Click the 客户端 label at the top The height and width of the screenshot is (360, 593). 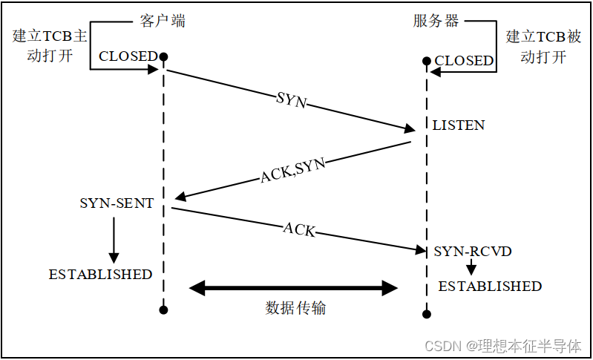[x=163, y=21]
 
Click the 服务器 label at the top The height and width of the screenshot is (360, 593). [x=436, y=21]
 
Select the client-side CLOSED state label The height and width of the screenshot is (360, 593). [x=128, y=56]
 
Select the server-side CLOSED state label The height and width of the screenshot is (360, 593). [x=464, y=61]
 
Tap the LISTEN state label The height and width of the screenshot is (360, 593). [x=459, y=125]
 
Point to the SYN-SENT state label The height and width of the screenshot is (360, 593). [x=117, y=203]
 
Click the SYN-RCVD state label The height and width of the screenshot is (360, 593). [x=473, y=252]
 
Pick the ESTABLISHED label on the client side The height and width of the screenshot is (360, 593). [x=100, y=274]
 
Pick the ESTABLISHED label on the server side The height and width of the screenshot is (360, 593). [x=490, y=286]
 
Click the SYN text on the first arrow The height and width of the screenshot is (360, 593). [x=290, y=100]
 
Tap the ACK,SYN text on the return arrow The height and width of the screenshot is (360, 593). [x=292, y=171]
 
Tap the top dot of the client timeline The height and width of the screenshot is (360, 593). [x=163, y=56]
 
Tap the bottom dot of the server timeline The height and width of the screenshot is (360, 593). [x=427, y=313]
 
